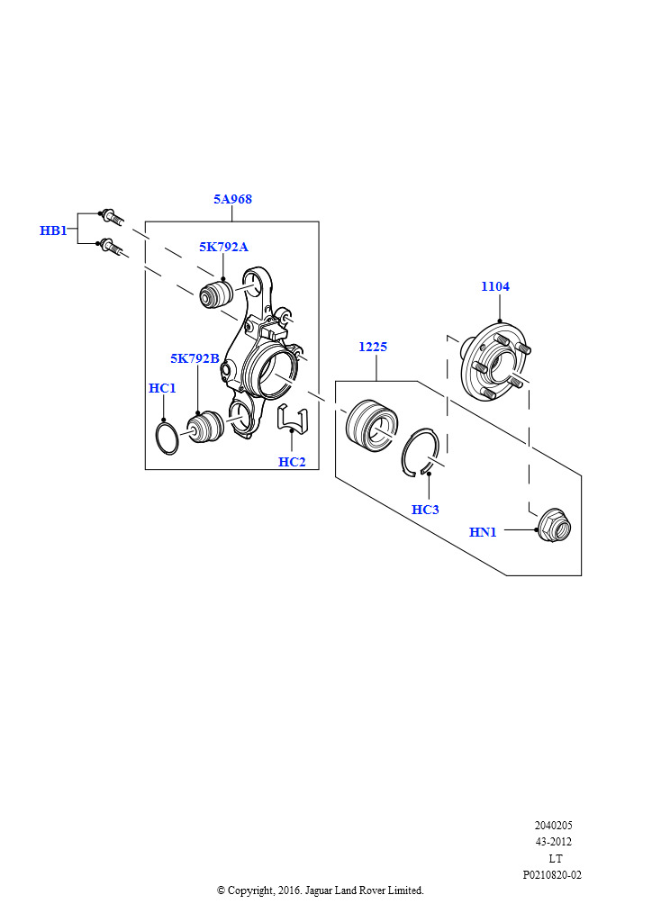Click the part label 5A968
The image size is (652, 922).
[232, 199]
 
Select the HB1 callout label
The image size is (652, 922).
[53, 230]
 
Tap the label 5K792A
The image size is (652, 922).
[223, 247]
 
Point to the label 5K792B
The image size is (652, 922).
[195, 358]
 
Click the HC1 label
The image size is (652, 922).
[162, 388]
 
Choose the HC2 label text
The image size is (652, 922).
[292, 462]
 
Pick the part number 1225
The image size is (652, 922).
[373, 347]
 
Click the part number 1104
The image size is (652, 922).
[495, 286]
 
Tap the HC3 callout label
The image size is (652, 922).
[425, 510]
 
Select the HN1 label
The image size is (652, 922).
[483, 532]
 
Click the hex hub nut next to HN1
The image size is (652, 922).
[555, 526]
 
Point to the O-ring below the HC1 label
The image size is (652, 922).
[167, 438]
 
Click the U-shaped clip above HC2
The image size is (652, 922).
[292, 420]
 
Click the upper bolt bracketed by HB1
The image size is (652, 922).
[111, 215]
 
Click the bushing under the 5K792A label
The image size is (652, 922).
[216, 294]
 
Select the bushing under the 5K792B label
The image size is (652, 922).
[204, 428]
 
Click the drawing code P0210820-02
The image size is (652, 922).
[552, 875]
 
